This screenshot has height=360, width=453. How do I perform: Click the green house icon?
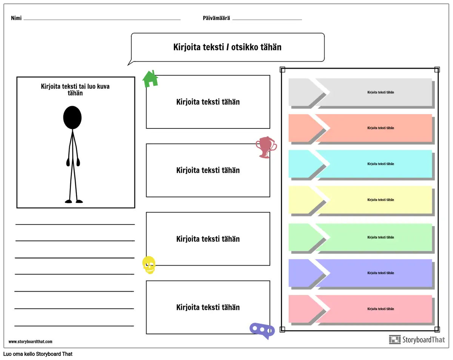[150, 79]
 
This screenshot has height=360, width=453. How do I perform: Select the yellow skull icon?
[149, 264]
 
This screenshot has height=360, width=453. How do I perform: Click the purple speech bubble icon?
[262, 330]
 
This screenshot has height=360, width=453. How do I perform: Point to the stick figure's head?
[72, 117]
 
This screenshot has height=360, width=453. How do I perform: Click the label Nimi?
[16, 18]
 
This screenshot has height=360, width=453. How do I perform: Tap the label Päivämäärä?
[216, 18]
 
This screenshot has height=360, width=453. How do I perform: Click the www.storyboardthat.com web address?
[31, 342]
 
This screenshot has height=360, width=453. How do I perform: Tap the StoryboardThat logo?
[417, 340]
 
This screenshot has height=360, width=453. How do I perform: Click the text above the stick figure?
[75, 90]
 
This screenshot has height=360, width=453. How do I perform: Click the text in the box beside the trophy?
[208, 170]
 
